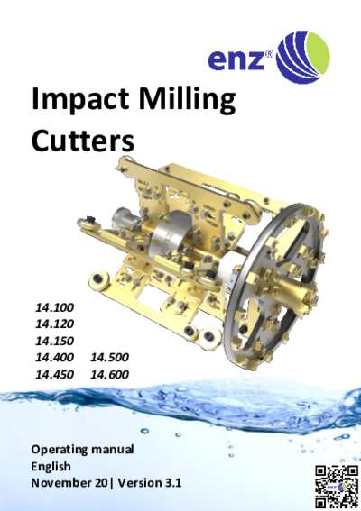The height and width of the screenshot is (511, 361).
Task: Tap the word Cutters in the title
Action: pos(83,141)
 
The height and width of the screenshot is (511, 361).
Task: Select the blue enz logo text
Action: pos(236,59)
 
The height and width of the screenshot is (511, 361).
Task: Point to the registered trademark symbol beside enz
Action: pos(269,53)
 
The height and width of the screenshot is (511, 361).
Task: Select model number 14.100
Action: pos(54,307)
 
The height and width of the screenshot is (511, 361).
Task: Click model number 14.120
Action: pos(54,324)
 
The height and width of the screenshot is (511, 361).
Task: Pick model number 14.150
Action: pos(54,341)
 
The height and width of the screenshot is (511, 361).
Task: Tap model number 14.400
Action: pos(54,358)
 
